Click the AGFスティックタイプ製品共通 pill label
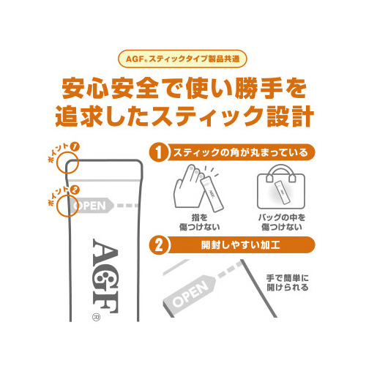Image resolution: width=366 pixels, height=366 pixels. pyautogui.click(x=182, y=59)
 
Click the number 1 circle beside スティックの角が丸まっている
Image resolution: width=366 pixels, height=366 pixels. pyautogui.click(x=159, y=152)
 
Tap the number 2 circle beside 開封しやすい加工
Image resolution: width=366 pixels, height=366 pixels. pyautogui.click(x=159, y=245)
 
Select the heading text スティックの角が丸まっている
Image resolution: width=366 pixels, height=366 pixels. pyautogui.click(x=240, y=153)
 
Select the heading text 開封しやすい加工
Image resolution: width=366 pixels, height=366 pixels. pyautogui.click(x=240, y=245)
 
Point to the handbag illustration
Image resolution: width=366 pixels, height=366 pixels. pyautogui.click(x=281, y=187)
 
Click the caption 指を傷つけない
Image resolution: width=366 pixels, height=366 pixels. pyautogui.click(x=200, y=223)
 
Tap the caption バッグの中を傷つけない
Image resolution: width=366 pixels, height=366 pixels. pyautogui.click(x=282, y=223)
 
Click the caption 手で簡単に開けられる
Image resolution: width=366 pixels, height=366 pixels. pyautogui.click(x=288, y=283)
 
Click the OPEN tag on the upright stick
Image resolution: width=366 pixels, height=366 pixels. pyautogui.click(x=91, y=206)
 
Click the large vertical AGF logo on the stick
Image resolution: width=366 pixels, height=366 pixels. pyautogui.click(x=105, y=276)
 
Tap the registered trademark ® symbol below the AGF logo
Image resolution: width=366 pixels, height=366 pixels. pyautogui.click(x=96, y=317)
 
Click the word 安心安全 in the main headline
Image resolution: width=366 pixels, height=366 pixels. pyautogui.click(x=111, y=89)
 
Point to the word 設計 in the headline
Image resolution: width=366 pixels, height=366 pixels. pyautogui.click(x=290, y=116)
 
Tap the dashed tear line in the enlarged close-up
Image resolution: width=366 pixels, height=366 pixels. pyautogui.click(x=230, y=269)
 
